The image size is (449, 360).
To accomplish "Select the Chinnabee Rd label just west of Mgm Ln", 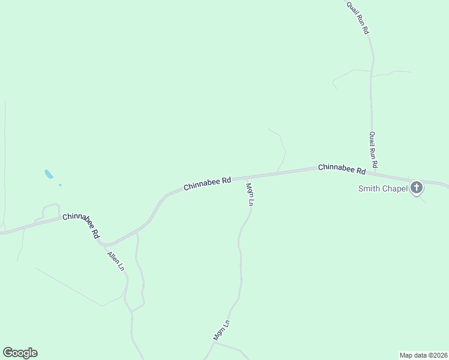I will click(207, 183).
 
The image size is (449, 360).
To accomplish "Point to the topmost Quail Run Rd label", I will click(357, 17).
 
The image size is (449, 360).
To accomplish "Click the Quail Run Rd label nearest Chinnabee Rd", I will click(373, 149).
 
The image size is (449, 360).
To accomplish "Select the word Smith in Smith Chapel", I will click(370, 188).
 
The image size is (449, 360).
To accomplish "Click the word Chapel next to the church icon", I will click(396, 188).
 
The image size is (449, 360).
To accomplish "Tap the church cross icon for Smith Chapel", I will click(416, 188).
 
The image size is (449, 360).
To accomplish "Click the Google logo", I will click(20, 353).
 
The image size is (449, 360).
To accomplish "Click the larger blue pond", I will click(49, 175).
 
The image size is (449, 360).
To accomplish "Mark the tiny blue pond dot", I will click(60, 185).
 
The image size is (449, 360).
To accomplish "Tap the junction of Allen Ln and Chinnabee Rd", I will click(103, 244).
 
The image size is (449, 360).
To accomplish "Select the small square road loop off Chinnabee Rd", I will click(50, 211).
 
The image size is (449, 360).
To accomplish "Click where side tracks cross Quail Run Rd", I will click(372, 76).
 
